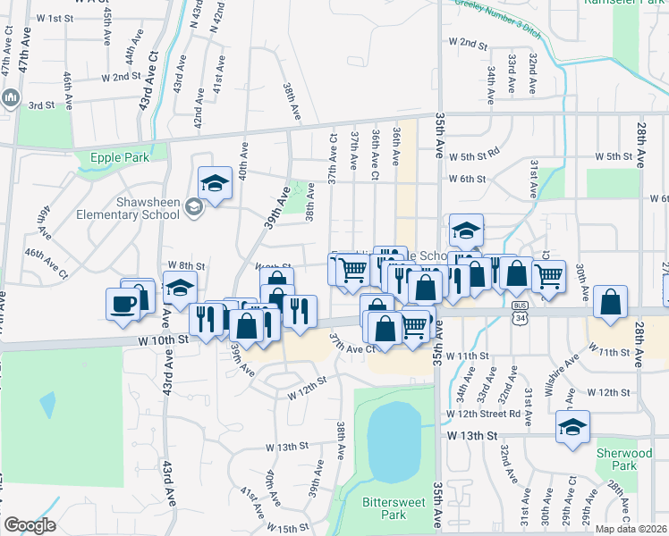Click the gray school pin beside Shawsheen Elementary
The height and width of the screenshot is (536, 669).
point(193,208)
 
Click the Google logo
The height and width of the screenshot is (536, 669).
point(30,525)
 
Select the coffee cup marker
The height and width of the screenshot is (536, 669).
point(123,303)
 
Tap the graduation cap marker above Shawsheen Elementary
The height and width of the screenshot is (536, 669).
point(215,183)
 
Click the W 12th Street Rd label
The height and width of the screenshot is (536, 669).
point(484,415)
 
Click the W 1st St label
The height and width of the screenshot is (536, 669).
point(54,18)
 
